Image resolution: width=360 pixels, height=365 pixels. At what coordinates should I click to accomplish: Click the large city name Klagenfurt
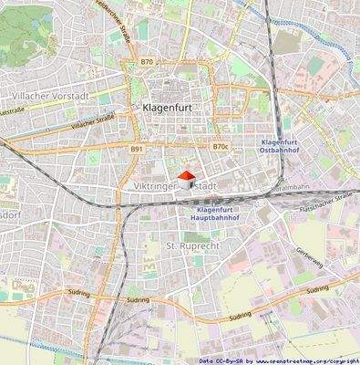pyautogui.click(x=173, y=107)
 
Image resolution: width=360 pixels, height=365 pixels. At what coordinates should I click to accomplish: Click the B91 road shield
pyautogui.click(x=137, y=147)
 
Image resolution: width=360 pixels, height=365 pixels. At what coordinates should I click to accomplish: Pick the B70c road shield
pyautogui.click(x=220, y=146)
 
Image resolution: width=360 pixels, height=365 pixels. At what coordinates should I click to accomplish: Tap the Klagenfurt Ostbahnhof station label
pyautogui.click(x=287, y=148)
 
